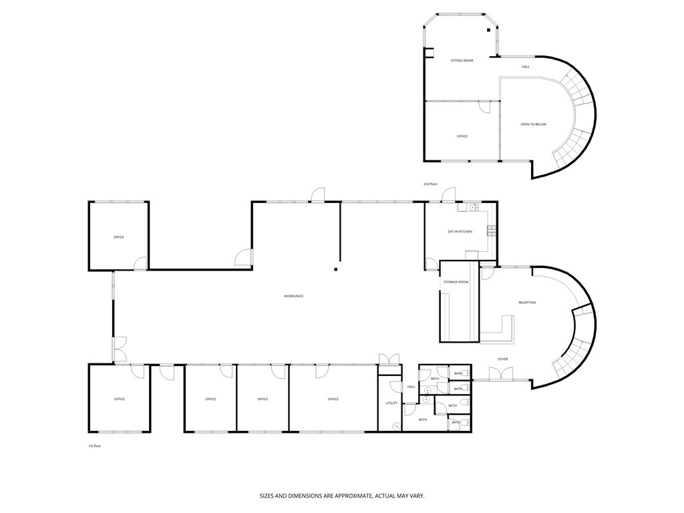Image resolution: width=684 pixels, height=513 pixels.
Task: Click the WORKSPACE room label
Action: (293, 296)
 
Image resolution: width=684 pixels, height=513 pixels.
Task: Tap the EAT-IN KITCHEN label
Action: (460, 232)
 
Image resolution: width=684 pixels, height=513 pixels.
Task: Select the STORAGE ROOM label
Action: (456, 283)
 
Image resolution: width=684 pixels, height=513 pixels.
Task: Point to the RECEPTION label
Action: (527, 303)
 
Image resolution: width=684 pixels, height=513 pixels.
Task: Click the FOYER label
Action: (502, 359)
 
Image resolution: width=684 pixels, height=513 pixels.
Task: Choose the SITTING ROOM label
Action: (462, 61)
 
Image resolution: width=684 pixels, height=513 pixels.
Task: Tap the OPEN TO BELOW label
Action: (533, 124)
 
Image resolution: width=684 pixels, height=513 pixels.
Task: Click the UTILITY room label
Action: (391, 403)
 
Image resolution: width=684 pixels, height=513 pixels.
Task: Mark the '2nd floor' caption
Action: (430, 184)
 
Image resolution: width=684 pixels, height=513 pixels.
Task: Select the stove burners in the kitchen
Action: (492, 231)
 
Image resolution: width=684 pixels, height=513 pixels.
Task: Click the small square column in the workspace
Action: (335, 270)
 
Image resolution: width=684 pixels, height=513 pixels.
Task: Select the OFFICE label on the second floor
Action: (462, 136)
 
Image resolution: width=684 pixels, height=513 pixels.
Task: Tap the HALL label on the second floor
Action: (526, 67)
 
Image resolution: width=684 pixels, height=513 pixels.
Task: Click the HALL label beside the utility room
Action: (411, 387)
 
